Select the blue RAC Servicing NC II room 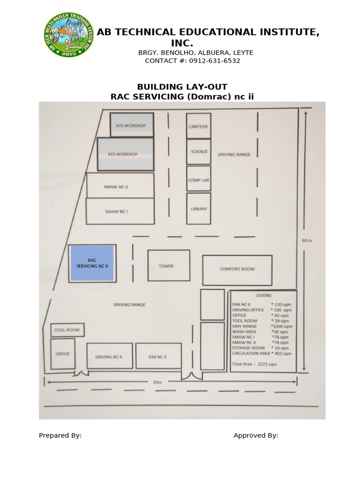[x=92, y=263]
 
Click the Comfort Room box [x=237, y=270]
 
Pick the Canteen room [x=198, y=126]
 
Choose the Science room [x=199, y=151]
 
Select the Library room [x=199, y=208]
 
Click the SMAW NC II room [x=120, y=186]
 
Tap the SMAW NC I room [x=120, y=211]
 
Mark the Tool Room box [x=67, y=330]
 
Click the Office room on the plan [x=62, y=353]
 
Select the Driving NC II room [x=109, y=356]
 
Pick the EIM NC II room [x=158, y=356]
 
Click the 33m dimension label [x=157, y=382]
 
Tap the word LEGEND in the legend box [x=263, y=296]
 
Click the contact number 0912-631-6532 [x=215, y=61]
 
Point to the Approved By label [x=256, y=435]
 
